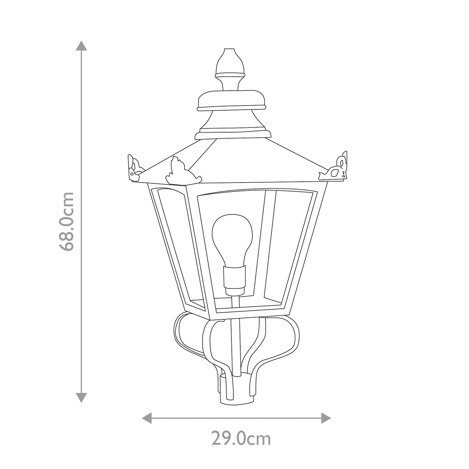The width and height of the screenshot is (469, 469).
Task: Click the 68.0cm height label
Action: [x=66, y=222]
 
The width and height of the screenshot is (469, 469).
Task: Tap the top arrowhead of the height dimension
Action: [x=81, y=45]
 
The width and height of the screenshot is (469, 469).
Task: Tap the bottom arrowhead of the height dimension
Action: [x=81, y=397]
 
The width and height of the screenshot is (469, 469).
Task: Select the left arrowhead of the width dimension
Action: [x=147, y=418]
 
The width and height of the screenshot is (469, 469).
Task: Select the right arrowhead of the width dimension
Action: [x=326, y=418]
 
